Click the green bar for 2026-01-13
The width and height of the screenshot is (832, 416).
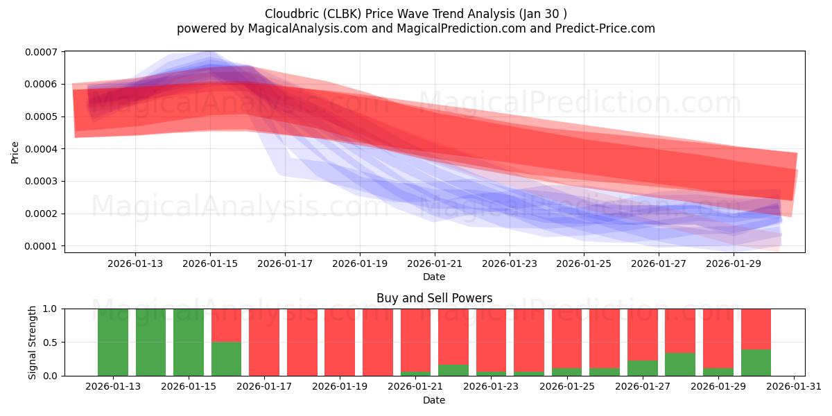coord(113,343)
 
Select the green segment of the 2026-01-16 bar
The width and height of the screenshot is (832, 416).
coord(226,358)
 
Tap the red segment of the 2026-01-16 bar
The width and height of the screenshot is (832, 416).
coord(226,325)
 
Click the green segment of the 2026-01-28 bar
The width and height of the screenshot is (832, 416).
coord(680,364)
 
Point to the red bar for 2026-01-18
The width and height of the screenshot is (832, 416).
coord(302,343)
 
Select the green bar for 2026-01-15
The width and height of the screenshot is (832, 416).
coord(189,343)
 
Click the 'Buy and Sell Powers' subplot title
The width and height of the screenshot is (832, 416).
coord(434,298)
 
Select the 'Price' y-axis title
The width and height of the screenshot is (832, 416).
coord(15,153)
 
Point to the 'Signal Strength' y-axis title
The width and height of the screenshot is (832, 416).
coord(32,343)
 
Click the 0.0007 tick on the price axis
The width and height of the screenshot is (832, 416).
coord(43,52)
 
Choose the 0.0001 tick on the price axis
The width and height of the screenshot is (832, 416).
coord(43,246)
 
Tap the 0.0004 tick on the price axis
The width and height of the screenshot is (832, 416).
coord(43,149)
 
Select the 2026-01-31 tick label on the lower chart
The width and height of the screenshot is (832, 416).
coord(792,387)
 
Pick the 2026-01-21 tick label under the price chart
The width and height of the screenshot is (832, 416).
coord(435,263)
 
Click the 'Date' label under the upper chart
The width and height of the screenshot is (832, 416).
coord(434,277)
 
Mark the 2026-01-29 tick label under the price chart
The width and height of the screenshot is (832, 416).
coord(734,263)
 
